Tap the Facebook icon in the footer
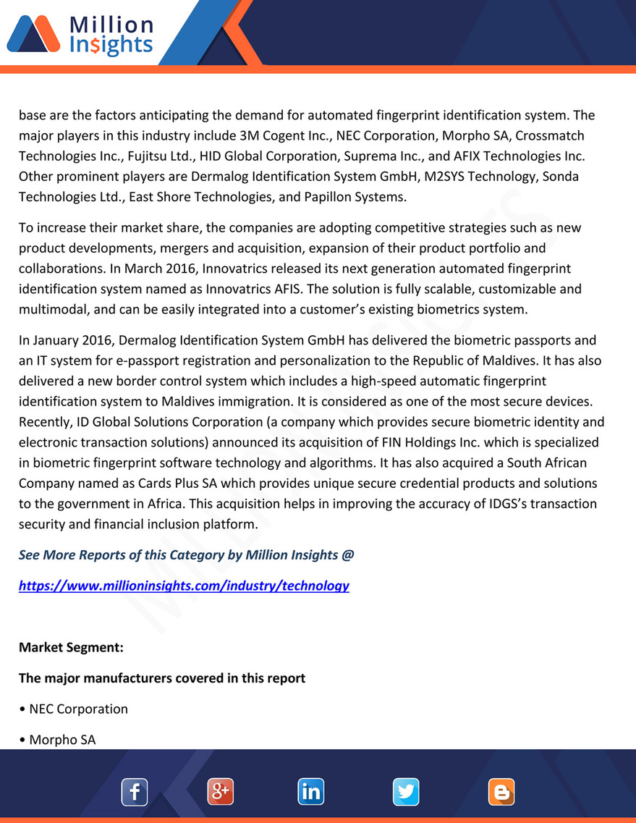[135, 792]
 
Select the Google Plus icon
[221, 792]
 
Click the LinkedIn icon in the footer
[310, 792]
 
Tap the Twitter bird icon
[406, 792]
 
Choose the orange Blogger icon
[501, 792]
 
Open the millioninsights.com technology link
[184, 586]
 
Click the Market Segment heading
[71, 647]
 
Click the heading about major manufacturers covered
[162, 678]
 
